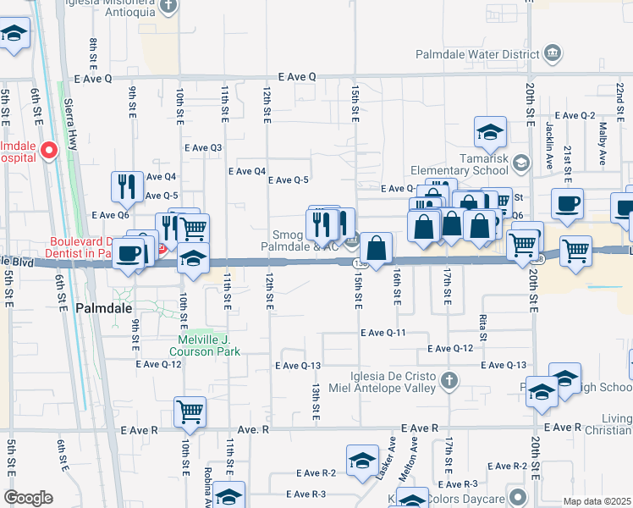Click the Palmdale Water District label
point(476,55)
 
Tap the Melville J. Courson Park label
point(210,346)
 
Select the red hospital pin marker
point(48,151)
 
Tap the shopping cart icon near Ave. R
point(190,411)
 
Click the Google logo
point(28,498)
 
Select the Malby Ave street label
point(603,134)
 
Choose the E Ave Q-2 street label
point(575,116)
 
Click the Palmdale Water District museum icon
point(553,55)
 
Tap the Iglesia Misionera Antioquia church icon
point(168,5)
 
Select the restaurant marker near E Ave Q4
point(127,185)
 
